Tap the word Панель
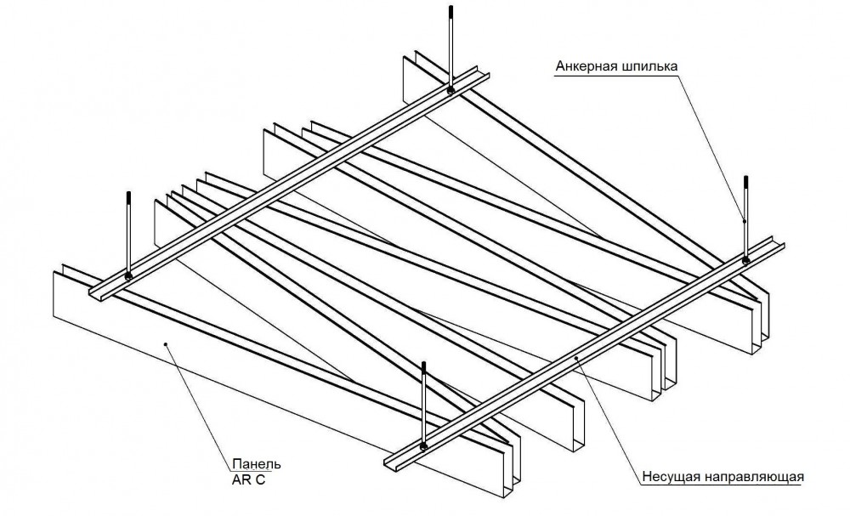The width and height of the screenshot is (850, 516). (256, 464)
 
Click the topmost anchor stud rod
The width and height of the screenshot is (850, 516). (450, 47)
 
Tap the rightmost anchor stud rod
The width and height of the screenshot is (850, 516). (745, 217)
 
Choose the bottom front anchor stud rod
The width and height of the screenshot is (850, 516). (425, 404)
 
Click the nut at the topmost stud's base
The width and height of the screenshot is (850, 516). (450, 89)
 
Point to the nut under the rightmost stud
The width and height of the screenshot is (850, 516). (745, 259)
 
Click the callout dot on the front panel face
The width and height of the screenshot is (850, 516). (167, 344)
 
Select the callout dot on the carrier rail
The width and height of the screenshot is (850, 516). (577, 358)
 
